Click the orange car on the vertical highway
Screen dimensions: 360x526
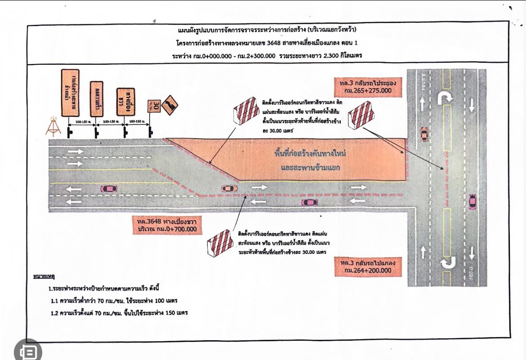(424, 134)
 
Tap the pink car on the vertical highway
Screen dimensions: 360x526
(472, 201)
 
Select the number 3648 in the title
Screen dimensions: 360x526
(272, 43)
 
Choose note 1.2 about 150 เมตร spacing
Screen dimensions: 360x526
(119, 313)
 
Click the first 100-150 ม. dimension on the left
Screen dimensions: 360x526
(84, 122)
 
